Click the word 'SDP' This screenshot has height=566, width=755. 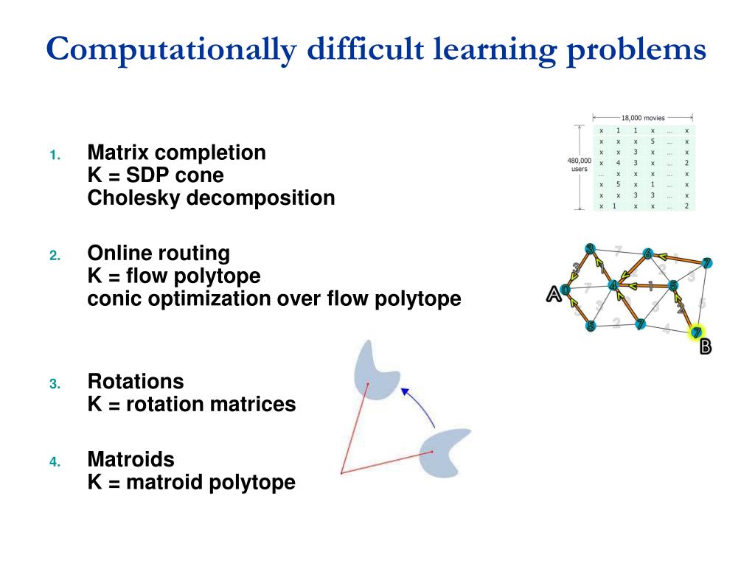(148, 175)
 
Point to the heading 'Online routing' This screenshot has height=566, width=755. (159, 254)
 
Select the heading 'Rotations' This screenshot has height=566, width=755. (136, 382)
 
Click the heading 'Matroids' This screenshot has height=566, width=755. (131, 460)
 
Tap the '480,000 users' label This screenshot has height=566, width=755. (579, 164)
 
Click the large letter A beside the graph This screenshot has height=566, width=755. (553, 294)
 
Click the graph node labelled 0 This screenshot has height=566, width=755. (566, 290)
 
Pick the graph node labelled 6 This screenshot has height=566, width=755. (647, 254)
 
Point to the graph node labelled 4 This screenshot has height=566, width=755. (612, 285)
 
